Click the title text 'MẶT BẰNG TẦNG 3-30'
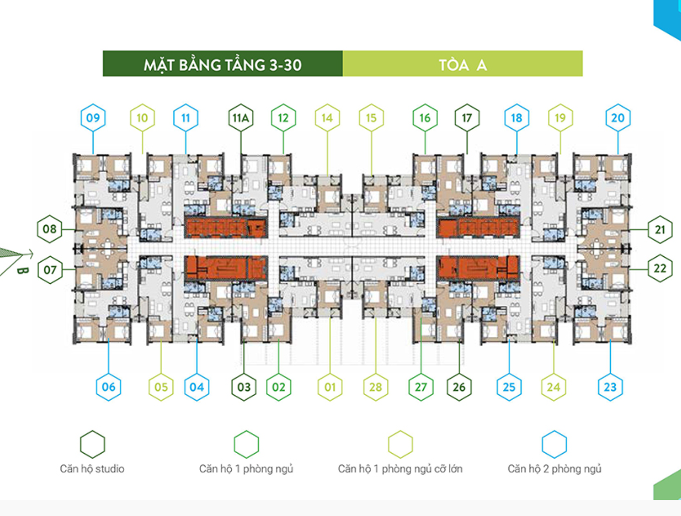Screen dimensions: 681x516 click(223, 64)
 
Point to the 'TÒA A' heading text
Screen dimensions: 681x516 click(463, 64)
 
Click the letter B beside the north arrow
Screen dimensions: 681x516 click(22, 270)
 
